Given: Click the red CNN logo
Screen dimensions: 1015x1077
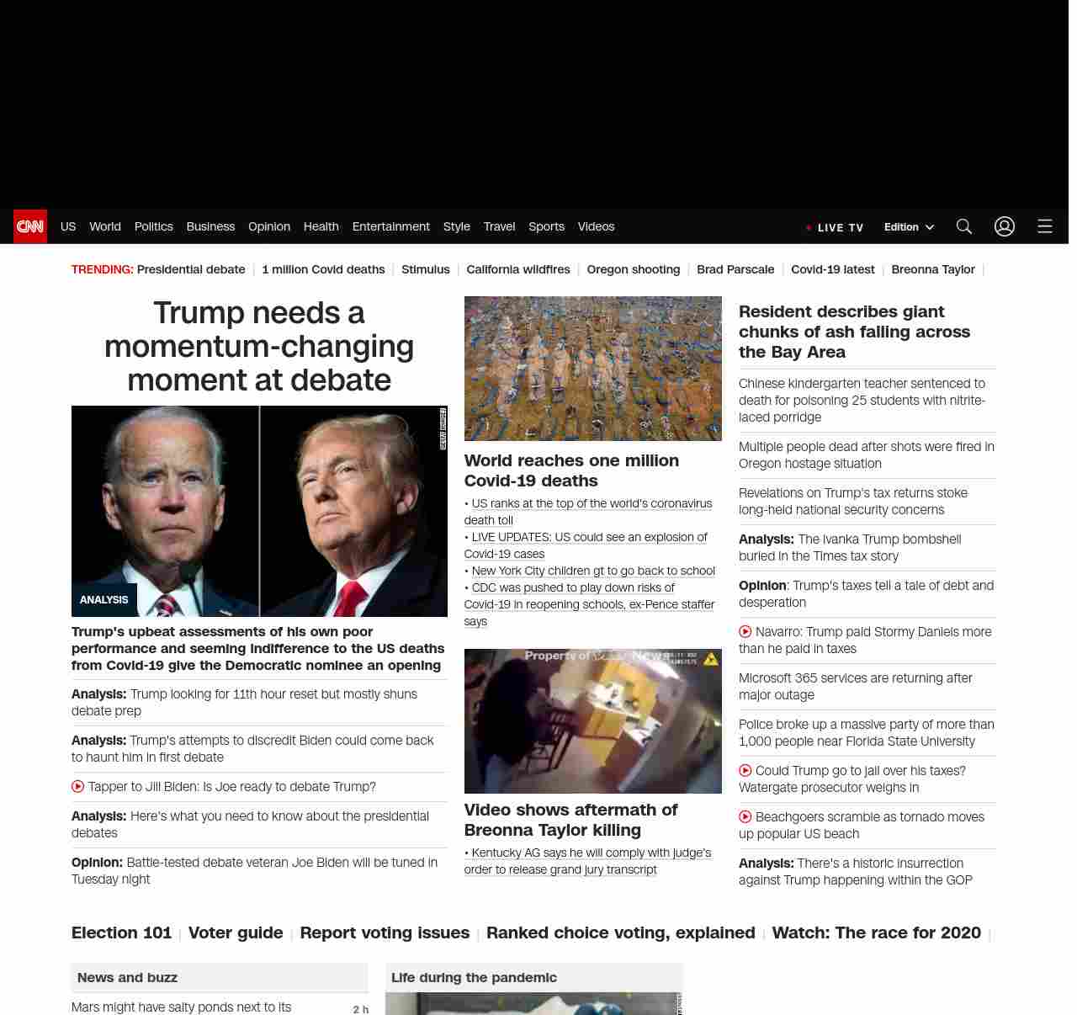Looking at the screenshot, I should (x=30, y=226).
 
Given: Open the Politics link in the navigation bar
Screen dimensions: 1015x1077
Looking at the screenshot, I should (x=153, y=226).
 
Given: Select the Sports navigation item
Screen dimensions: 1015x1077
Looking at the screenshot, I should (x=546, y=226).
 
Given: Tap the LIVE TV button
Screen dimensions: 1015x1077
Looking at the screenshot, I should (x=835, y=227).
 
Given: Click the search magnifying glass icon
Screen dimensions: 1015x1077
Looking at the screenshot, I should (x=963, y=226).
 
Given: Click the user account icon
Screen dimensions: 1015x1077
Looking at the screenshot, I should (x=1004, y=226).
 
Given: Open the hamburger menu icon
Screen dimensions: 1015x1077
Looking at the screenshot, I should (x=1044, y=226).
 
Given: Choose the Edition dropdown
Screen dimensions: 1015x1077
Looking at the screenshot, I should (x=909, y=227).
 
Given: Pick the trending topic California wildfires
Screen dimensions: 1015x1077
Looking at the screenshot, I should (x=517, y=269).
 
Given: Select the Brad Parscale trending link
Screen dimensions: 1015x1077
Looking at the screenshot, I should (x=735, y=269).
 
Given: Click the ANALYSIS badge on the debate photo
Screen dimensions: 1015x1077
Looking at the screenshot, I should (x=104, y=600).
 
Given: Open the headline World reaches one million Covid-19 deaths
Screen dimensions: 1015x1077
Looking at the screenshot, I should (x=570, y=470).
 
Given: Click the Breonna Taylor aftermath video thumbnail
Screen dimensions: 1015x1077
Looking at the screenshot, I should (x=592, y=721).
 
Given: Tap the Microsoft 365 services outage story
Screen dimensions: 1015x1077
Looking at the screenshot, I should (x=855, y=686).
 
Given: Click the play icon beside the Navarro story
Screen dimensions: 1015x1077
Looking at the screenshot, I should (x=745, y=632).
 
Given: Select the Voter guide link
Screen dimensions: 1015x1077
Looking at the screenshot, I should (x=236, y=933).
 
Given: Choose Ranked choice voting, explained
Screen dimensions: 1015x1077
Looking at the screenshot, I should (x=620, y=933).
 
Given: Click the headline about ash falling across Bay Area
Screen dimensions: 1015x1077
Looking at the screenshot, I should (x=854, y=332).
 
